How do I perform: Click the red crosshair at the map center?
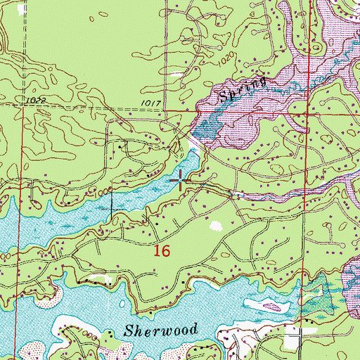coord(181,181)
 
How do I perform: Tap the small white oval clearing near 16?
coord(216,226)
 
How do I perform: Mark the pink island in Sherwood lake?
coord(266,304)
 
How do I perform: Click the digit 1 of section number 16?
coord(157,250)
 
